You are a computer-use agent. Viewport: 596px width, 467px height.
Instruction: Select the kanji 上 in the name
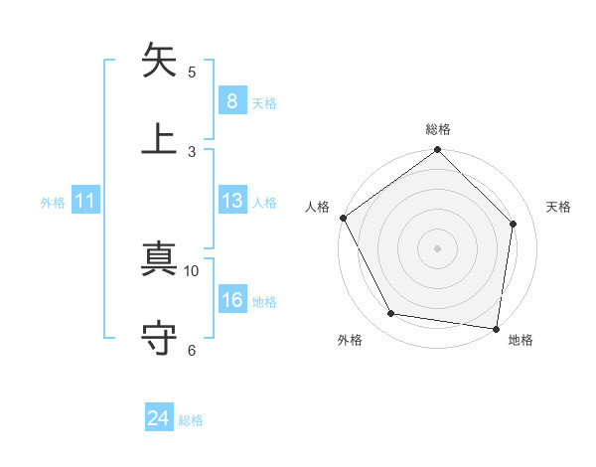point(160,137)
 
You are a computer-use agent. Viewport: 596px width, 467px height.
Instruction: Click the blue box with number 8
point(231,101)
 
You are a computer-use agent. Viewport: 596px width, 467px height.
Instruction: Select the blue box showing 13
point(231,202)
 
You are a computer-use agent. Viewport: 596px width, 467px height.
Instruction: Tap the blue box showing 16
point(231,301)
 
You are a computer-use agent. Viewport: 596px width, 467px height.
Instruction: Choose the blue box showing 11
point(85,202)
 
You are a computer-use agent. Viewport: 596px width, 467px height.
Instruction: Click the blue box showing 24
point(158,419)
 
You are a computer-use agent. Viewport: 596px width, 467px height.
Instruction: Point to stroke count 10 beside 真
point(192,270)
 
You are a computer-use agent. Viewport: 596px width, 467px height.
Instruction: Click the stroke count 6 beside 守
point(192,349)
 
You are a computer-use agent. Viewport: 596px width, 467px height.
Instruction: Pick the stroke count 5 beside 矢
point(192,72)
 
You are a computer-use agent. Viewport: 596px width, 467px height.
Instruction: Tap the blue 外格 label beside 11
point(53,203)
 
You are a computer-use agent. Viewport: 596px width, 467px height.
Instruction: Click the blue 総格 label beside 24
point(191,420)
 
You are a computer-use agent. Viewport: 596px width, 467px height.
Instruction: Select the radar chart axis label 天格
point(558,207)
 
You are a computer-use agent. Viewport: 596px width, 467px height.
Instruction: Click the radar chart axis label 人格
point(318,207)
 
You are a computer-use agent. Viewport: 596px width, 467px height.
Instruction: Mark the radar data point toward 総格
point(437,151)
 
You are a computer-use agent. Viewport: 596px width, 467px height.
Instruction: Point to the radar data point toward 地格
point(496,328)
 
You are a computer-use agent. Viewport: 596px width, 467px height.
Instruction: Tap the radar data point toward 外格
point(391,314)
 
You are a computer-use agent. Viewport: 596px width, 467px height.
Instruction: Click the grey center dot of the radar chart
point(437,247)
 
